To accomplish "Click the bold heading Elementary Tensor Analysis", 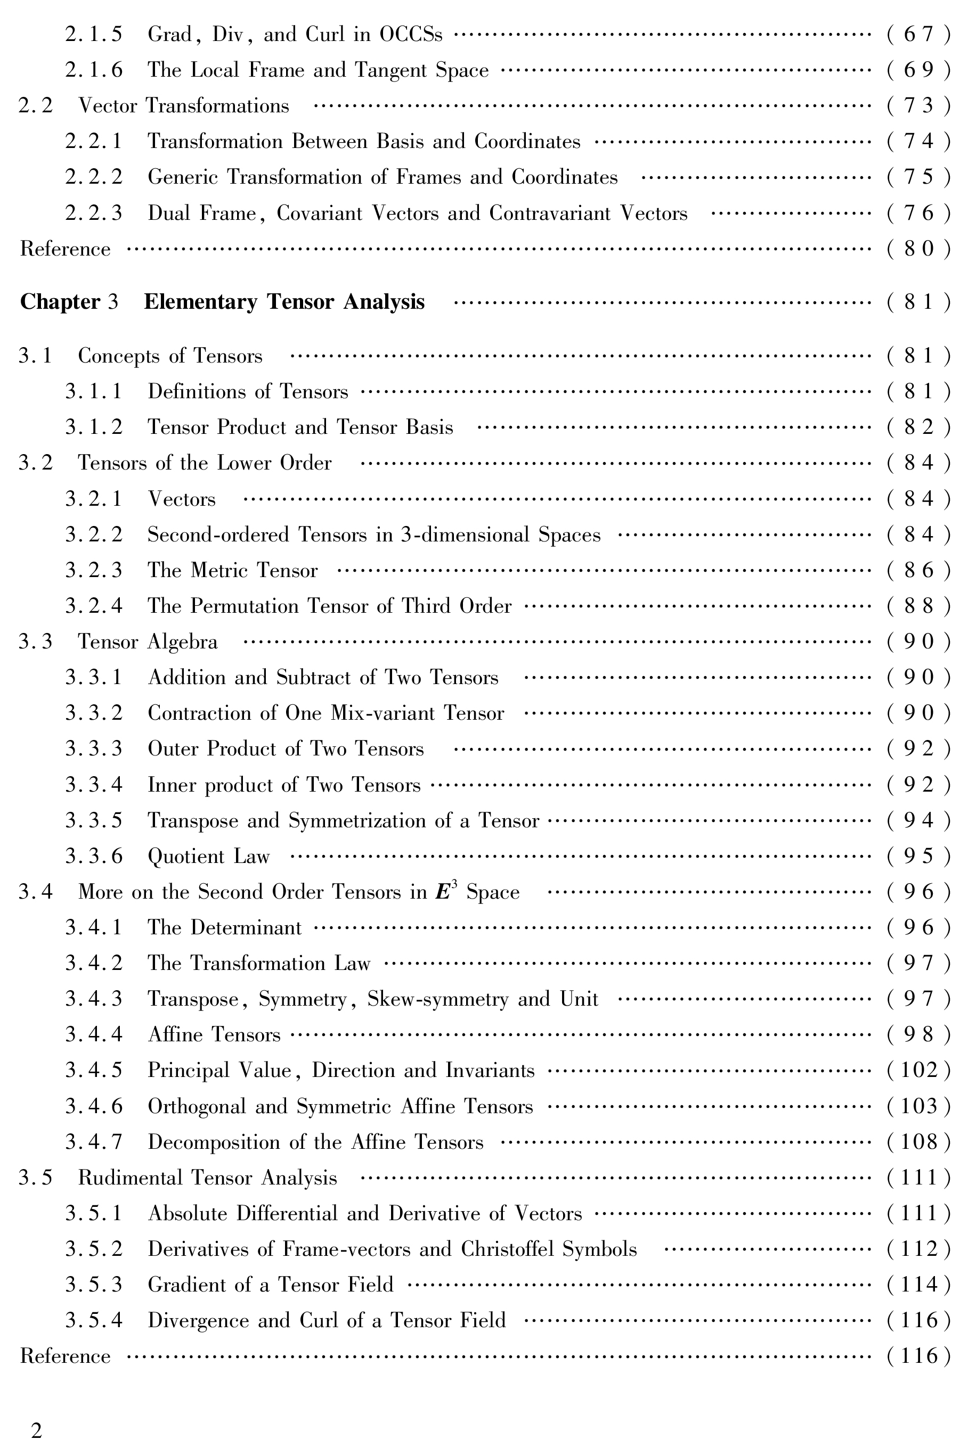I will [x=284, y=302].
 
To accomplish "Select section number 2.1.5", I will [x=94, y=34].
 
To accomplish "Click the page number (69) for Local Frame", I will [x=918, y=70].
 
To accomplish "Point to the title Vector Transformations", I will [x=183, y=106].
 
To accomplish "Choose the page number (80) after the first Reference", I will [x=918, y=249].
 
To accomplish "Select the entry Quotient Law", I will [x=209, y=857].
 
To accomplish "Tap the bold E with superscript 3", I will [x=444, y=892].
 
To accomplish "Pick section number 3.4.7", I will [x=94, y=1142].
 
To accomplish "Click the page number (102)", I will [x=918, y=1071].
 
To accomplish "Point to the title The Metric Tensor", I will [x=233, y=571].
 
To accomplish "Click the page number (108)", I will [x=918, y=1142].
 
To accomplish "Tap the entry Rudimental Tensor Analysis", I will [x=207, y=1178].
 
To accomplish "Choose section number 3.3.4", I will [x=94, y=785].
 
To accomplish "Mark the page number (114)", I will [x=918, y=1285].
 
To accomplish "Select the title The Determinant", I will [x=225, y=928].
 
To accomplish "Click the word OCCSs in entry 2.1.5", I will [x=411, y=34].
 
